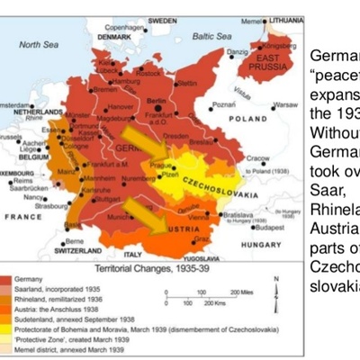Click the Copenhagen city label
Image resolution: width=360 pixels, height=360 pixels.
click(x=125, y=28)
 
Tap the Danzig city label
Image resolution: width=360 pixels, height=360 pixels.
click(x=236, y=53)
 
